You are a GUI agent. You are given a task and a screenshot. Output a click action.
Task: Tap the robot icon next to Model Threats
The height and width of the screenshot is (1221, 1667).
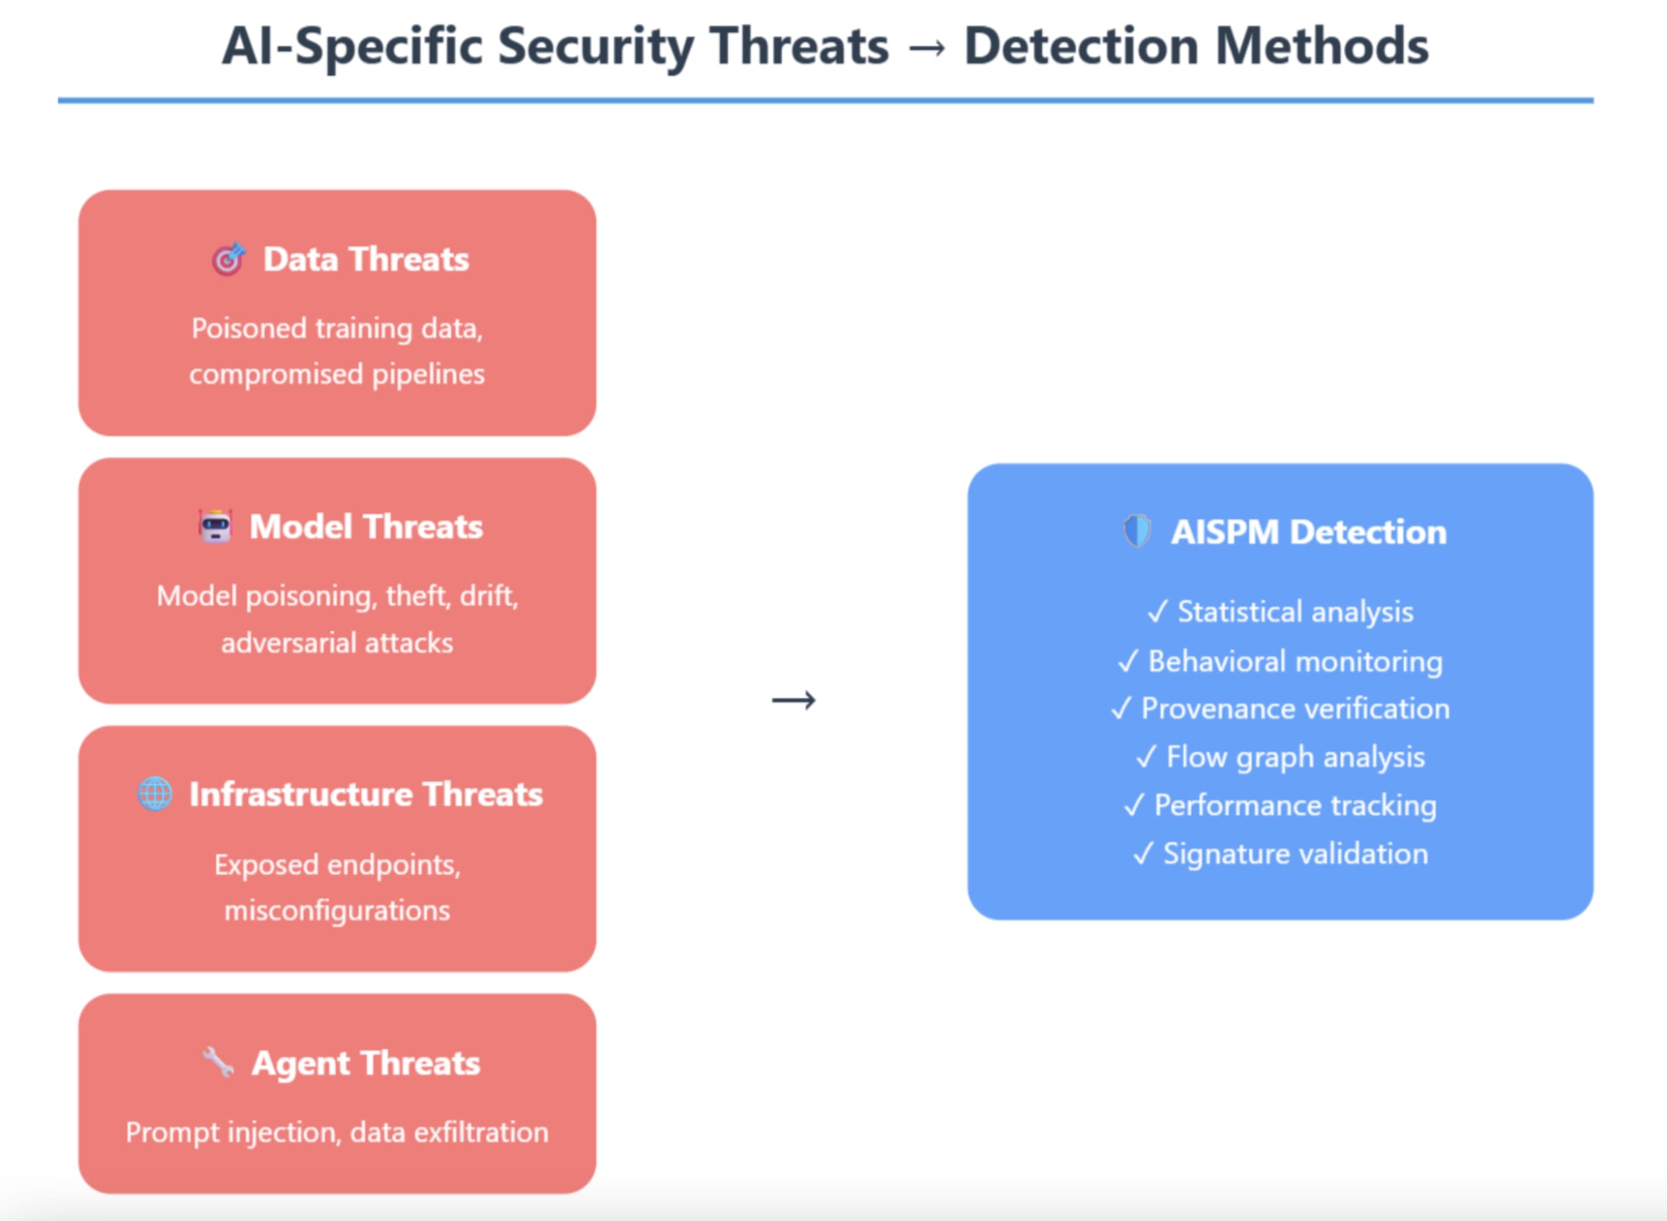(x=215, y=527)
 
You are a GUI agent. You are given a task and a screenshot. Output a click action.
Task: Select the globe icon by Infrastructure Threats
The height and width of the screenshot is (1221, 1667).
(x=155, y=795)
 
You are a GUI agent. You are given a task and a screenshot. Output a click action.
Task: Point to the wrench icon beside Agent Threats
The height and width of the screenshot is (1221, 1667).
(x=218, y=1063)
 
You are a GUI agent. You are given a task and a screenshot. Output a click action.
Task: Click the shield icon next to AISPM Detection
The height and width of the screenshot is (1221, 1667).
(x=1137, y=531)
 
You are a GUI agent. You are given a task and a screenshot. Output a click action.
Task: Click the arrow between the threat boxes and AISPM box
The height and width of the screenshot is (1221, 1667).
(x=794, y=700)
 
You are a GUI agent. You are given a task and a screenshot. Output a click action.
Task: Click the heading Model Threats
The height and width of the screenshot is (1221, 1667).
(x=366, y=527)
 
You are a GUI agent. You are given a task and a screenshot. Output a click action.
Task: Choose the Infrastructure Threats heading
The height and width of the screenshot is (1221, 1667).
(x=366, y=795)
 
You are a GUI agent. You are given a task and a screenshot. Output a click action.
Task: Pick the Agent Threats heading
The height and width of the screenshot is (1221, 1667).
(x=366, y=1063)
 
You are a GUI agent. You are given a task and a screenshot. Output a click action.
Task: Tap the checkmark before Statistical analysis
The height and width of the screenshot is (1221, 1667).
(x=1157, y=612)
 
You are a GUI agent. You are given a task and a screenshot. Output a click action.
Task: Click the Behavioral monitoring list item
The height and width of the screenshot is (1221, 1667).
(x=1295, y=661)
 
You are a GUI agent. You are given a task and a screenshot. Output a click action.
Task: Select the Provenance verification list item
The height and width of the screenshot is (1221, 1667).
(x=1295, y=709)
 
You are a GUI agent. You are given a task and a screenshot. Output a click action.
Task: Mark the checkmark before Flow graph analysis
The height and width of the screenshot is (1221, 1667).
(x=1146, y=757)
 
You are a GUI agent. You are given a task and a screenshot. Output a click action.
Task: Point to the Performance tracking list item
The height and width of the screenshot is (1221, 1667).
(x=1295, y=806)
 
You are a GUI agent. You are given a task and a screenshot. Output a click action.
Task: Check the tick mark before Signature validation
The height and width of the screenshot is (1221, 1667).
(x=1143, y=855)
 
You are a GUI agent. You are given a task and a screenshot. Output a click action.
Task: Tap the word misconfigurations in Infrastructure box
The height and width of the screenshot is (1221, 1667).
(x=337, y=911)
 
